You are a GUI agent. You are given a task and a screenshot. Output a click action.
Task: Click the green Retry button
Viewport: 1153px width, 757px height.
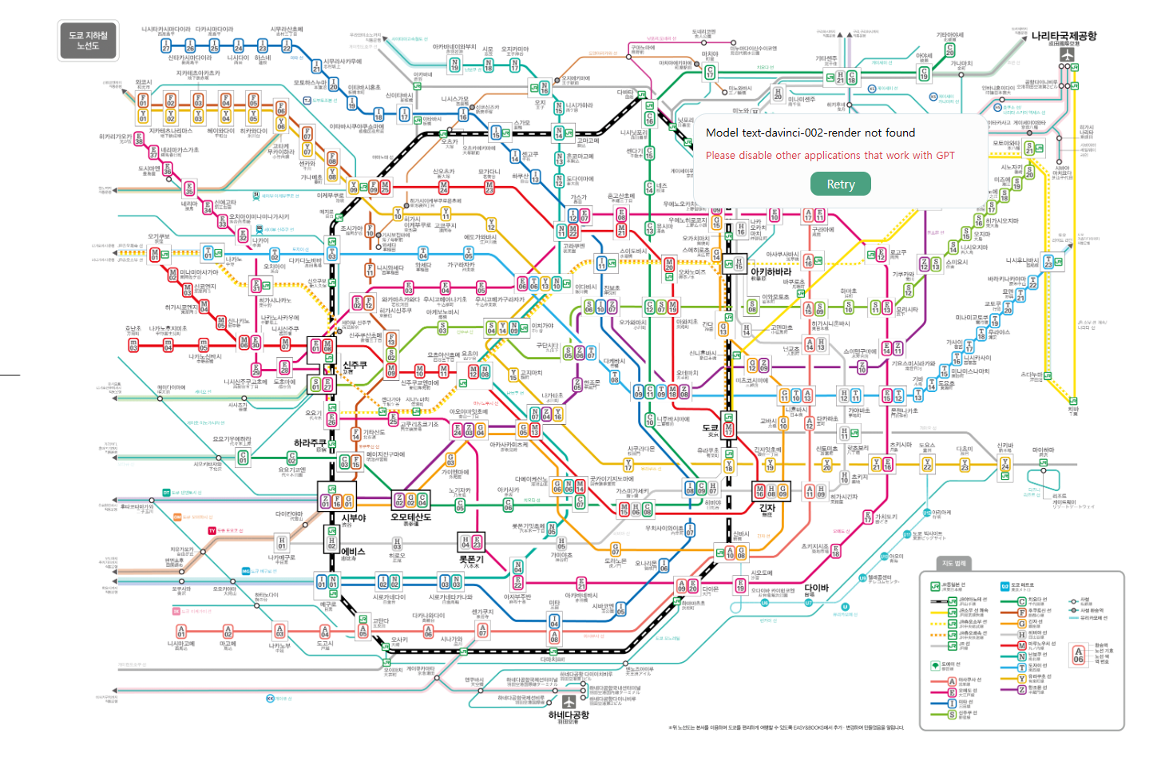tap(841, 184)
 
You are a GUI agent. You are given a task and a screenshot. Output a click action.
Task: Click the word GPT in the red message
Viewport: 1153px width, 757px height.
tap(945, 156)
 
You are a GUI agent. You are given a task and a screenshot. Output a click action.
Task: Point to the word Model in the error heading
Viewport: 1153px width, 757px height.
tap(722, 133)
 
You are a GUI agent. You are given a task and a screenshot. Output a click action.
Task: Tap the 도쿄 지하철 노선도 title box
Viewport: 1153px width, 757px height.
tap(88, 41)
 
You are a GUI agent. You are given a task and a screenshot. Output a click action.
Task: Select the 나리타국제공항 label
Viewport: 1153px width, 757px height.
tap(1064, 36)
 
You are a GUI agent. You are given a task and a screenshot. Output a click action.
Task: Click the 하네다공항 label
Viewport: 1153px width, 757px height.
tap(569, 715)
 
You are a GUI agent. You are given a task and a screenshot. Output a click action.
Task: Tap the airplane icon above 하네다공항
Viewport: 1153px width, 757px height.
tap(569, 701)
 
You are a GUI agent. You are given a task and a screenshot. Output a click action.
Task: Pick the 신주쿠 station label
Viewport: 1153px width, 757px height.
tap(355, 365)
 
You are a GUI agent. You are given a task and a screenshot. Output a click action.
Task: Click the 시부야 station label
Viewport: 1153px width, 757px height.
tap(354, 518)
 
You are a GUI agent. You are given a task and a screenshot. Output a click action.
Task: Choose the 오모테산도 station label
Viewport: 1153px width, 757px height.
tap(410, 517)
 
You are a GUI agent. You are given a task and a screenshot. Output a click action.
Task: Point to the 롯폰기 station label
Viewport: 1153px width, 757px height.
tap(471, 560)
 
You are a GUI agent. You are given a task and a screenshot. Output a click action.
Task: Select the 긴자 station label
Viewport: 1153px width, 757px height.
tap(767, 508)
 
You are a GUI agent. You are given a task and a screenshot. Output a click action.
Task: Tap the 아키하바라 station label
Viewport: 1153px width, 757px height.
tap(771, 271)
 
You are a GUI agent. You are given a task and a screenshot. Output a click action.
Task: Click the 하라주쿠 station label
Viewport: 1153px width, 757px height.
tap(310, 442)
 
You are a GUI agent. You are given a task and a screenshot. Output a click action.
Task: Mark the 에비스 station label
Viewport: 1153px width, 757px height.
tap(353, 552)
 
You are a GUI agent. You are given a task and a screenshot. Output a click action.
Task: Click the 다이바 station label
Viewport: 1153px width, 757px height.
tap(816, 588)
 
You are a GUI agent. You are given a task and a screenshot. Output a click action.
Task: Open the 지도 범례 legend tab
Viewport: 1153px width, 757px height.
tap(953, 564)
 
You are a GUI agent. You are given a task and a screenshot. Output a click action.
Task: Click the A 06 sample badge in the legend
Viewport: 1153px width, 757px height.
tap(1078, 655)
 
